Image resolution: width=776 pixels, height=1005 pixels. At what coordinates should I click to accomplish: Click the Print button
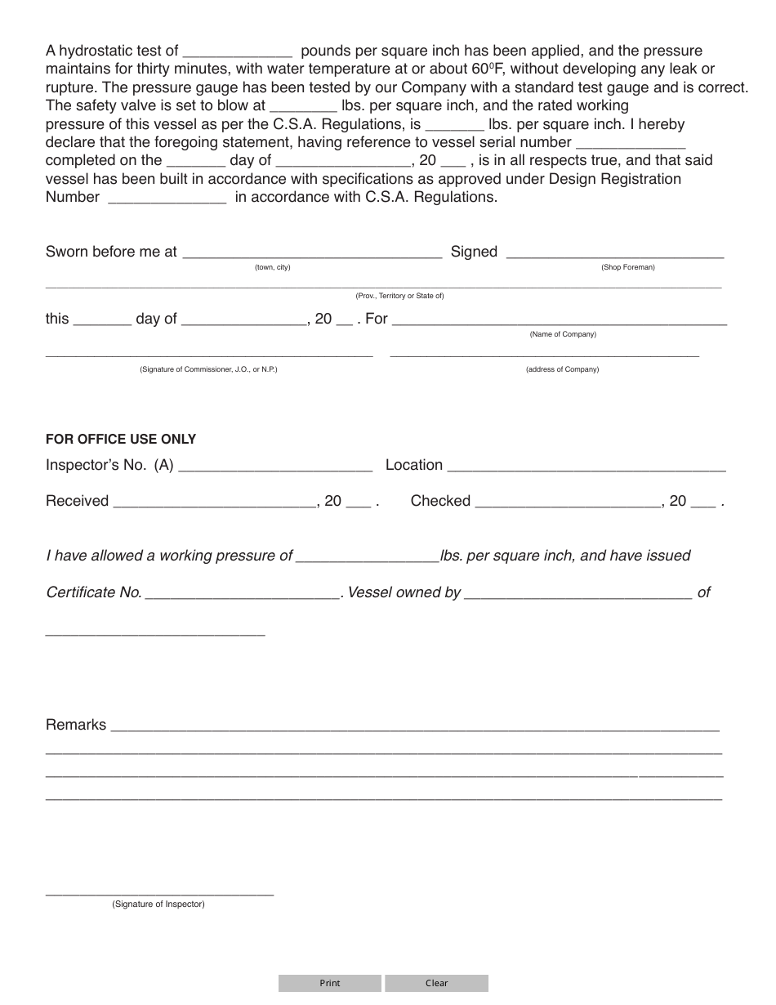coord(329,983)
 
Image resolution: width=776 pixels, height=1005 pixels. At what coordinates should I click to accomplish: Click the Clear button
coord(436,983)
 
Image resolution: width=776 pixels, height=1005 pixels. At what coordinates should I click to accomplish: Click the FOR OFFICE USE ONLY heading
coord(121,439)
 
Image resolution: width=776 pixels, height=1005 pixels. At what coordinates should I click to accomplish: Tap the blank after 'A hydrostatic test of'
coord(238,53)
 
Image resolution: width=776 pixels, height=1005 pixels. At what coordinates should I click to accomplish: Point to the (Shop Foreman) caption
coord(627,267)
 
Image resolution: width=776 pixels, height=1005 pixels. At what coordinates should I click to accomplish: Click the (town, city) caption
coord(272,267)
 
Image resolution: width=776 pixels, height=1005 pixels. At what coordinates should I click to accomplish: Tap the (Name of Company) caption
coord(563,334)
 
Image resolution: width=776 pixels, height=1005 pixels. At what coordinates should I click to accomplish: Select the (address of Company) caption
coord(562,369)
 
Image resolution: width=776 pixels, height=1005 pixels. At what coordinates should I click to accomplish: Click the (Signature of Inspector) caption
coord(158,904)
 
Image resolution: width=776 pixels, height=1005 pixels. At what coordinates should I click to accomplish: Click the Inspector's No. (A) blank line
coord(274,467)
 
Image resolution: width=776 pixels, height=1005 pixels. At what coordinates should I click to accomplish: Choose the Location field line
coord(586,467)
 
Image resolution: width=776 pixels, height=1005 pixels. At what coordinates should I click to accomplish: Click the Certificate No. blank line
coord(243,595)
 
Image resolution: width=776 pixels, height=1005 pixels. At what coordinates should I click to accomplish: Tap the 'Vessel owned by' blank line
coord(578,595)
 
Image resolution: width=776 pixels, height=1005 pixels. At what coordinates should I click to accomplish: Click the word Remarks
coord(76,725)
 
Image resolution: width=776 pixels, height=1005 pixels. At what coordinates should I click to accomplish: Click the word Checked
coord(440,501)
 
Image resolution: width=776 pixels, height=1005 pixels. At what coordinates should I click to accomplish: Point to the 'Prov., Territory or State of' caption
coord(399,296)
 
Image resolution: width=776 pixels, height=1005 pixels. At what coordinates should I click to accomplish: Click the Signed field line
coord(615,254)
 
